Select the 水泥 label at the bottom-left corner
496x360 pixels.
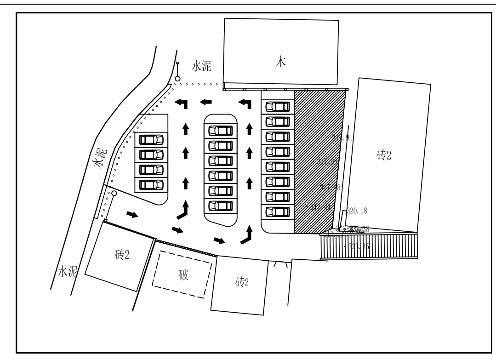(x=67, y=272)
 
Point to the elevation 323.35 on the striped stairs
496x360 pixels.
(x=359, y=246)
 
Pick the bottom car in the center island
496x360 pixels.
(x=221, y=205)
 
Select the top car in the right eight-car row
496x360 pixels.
(x=278, y=107)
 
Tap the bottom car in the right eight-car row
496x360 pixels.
(x=278, y=212)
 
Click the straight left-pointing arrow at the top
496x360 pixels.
(x=205, y=101)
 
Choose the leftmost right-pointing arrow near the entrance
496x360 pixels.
(x=132, y=214)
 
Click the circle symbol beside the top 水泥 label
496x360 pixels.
(x=177, y=79)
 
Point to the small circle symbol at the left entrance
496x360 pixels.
(x=114, y=194)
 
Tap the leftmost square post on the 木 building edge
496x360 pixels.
(x=224, y=89)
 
